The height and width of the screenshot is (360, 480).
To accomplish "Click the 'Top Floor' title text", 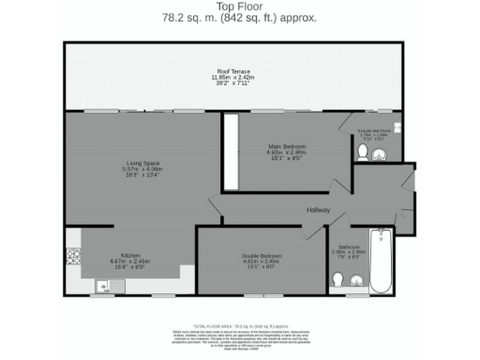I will (x=239, y=7).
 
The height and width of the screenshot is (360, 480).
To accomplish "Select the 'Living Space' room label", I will (x=143, y=164).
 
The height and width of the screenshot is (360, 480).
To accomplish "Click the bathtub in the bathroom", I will (x=382, y=261).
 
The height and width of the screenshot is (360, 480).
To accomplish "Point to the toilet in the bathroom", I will (x=337, y=279).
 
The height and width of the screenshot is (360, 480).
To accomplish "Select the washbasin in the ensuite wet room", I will (x=388, y=152).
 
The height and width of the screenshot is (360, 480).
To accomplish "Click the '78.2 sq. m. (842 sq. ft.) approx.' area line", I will (x=239, y=18).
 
